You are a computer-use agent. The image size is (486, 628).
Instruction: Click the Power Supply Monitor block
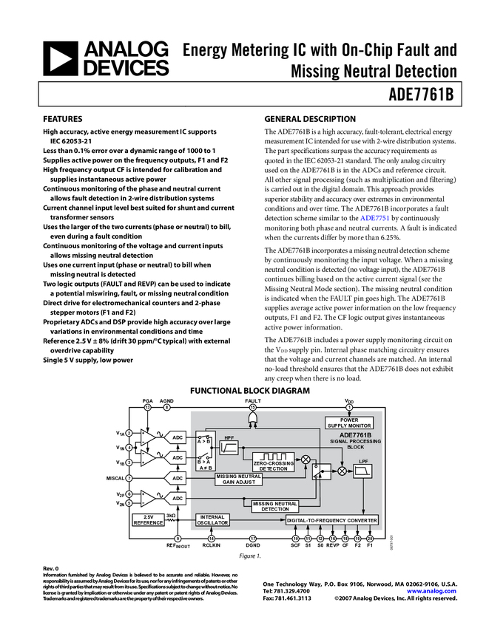point(349,423)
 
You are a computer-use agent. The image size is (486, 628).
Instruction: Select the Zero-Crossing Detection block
point(273,462)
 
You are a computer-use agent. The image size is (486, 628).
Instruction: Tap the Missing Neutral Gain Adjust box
point(239,479)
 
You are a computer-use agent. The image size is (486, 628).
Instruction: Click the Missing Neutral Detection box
point(275,506)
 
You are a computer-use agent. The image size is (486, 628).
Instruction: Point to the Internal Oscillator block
point(212,520)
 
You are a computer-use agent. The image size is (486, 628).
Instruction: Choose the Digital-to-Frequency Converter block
point(332,520)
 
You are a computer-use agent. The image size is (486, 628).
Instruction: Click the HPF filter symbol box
point(229,447)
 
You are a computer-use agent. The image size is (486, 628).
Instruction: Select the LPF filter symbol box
point(362,471)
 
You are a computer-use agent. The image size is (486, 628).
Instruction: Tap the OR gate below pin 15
point(252,420)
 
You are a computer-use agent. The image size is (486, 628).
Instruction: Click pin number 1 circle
point(349,407)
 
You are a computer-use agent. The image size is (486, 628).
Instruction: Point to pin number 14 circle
point(211,539)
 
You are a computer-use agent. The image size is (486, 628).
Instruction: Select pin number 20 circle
point(370,539)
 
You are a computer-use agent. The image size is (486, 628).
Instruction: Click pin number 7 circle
point(129,479)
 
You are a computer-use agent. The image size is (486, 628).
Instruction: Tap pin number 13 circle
point(147,407)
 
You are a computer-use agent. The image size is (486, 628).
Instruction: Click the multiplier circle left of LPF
point(342,471)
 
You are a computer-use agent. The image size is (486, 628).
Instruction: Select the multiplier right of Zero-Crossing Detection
point(306,459)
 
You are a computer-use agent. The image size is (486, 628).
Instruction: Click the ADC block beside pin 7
point(176,479)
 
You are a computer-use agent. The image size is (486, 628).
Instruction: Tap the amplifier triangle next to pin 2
point(148,437)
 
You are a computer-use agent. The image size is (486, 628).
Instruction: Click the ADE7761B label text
point(355,435)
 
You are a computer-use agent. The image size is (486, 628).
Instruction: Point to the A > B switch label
point(204,441)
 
